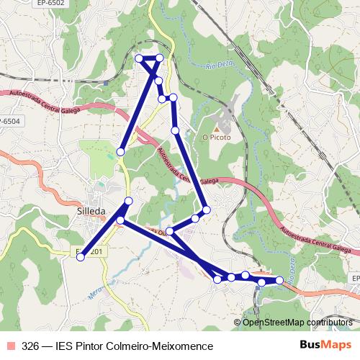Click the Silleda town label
click(91, 211)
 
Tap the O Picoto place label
click(216, 138)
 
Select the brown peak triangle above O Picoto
click(216, 127)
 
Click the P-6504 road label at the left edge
click(9, 121)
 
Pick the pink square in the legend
click(11, 346)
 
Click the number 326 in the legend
click(31, 346)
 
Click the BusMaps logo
click(324, 345)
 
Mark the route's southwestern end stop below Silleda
click(81, 256)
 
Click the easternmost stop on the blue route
click(279, 279)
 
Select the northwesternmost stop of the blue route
click(139, 58)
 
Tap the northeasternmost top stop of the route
click(161, 58)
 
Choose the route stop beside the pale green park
click(120, 152)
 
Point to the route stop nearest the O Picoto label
click(176, 130)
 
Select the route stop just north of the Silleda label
click(129, 200)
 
